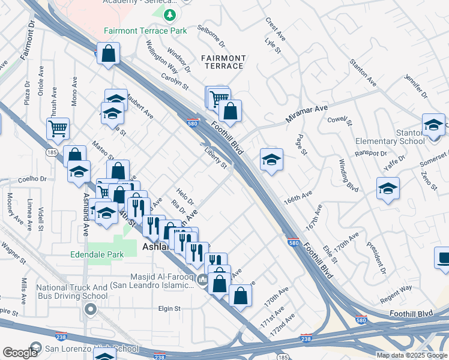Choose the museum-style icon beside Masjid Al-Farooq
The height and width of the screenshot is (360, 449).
(x=203, y=280)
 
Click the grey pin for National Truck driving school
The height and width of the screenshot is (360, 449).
(x=91, y=310)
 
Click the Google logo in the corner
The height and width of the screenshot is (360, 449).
(x=20, y=353)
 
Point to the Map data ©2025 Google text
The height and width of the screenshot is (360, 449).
(x=412, y=355)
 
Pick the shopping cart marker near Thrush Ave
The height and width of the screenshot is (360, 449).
(x=58, y=128)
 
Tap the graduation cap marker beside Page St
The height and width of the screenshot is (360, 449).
(x=271, y=160)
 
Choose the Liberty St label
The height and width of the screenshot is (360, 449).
(x=215, y=158)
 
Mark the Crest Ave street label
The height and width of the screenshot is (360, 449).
(x=276, y=29)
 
